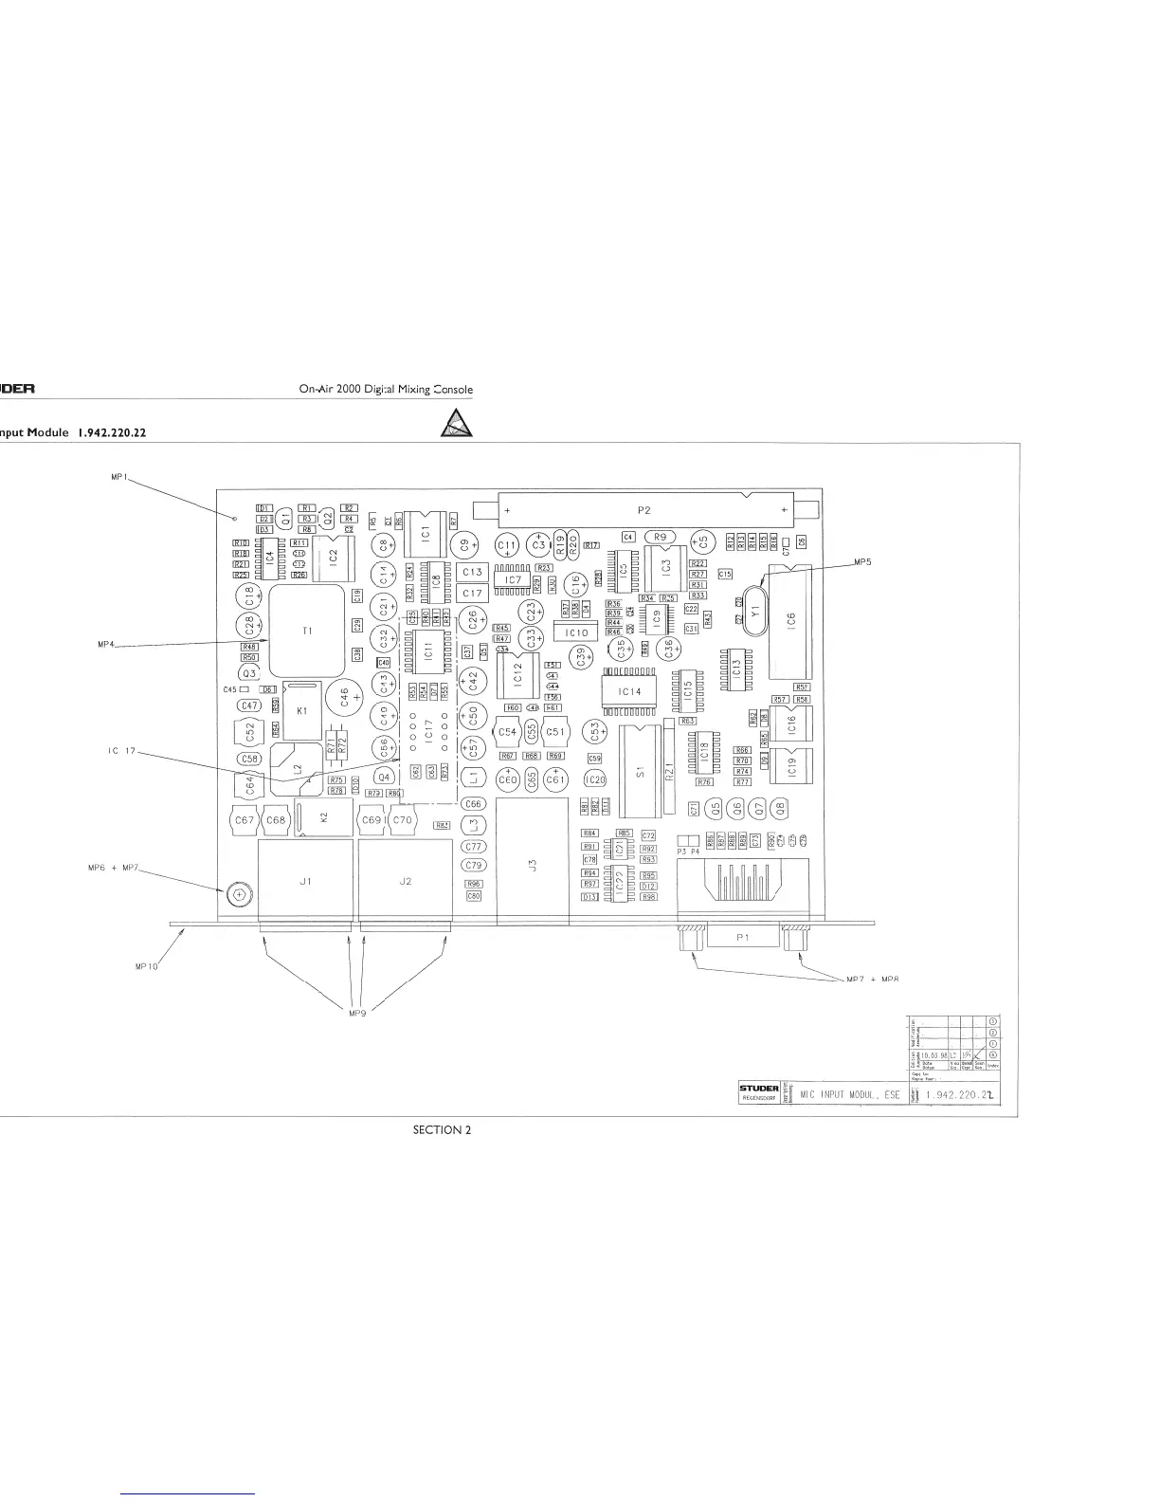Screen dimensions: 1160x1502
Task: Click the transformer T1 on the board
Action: point(307,629)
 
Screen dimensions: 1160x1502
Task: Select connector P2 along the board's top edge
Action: point(644,510)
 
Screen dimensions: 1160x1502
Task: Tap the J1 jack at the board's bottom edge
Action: point(305,881)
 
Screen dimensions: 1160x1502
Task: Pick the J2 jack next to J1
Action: point(405,881)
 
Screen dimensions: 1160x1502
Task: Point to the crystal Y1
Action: point(754,612)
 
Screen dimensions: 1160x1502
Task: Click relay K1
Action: point(301,709)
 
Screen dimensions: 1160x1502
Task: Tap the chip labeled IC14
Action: point(629,691)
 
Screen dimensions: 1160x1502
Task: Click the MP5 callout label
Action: point(862,561)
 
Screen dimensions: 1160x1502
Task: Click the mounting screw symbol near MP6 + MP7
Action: point(238,893)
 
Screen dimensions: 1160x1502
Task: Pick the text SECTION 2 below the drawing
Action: point(443,1129)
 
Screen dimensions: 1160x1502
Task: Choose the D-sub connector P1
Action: point(742,937)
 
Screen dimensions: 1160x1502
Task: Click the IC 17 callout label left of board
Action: point(122,752)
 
